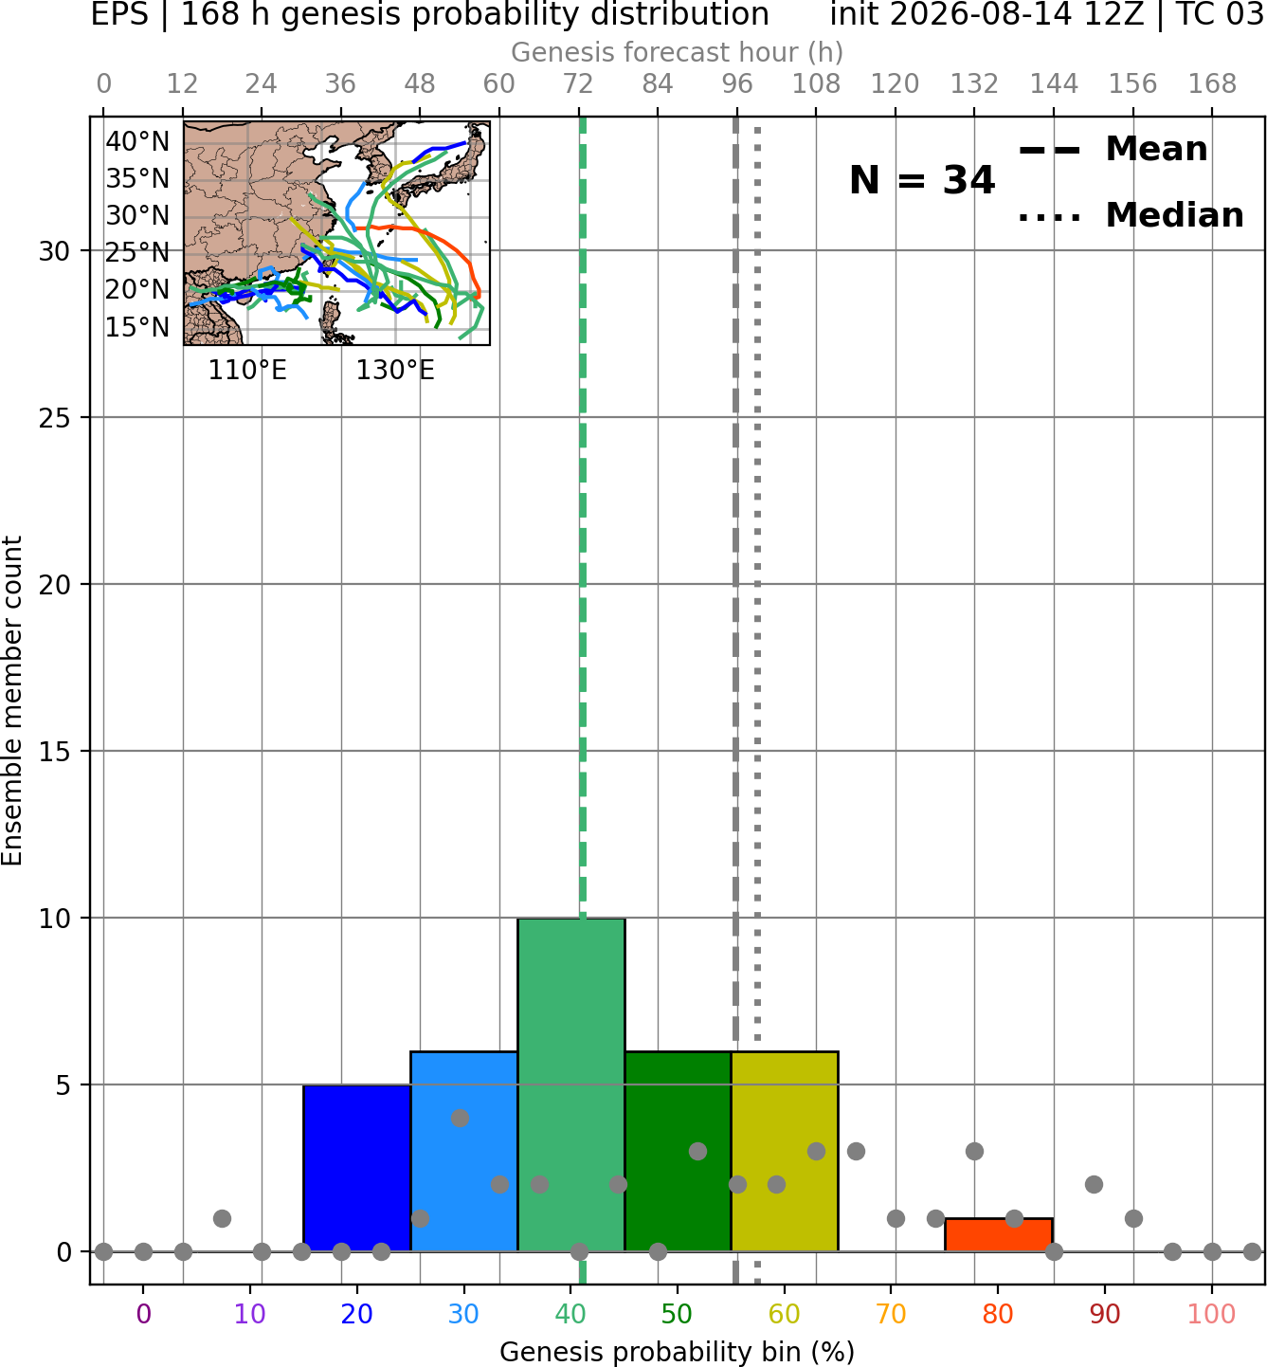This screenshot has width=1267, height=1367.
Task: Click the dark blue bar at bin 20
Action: click(357, 1168)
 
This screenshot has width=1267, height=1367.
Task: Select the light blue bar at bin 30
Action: click(463, 1152)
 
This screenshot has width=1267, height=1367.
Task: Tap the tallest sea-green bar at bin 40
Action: click(571, 1084)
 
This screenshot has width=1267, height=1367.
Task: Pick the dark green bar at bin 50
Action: click(678, 1152)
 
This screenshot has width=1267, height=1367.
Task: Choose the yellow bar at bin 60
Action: click(785, 1152)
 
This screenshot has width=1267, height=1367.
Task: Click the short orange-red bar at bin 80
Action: click(999, 1235)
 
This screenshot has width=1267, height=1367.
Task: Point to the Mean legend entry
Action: click(1113, 150)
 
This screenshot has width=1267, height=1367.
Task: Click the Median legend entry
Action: click(1131, 216)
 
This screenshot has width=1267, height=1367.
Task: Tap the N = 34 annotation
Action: click(922, 180)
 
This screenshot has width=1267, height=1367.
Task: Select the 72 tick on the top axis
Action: click(578, 84)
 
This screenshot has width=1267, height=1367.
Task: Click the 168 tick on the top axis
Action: click(1213, 84)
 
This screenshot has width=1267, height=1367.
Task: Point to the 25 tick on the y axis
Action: click(55, 418)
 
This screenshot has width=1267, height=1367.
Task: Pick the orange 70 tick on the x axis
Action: click(891, 1315)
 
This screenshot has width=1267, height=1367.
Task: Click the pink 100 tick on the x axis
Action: click(1212, 1315)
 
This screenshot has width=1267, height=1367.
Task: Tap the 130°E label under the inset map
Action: click(395, 371)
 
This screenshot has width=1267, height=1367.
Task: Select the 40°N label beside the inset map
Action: click(137, 142)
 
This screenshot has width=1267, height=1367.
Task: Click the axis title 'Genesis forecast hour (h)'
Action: click(678, 53)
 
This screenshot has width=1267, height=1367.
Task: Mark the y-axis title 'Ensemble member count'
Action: click(11, 701)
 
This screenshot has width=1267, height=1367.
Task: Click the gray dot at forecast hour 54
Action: click(460, 1119)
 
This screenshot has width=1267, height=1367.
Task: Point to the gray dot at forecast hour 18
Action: click(222, 1218)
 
